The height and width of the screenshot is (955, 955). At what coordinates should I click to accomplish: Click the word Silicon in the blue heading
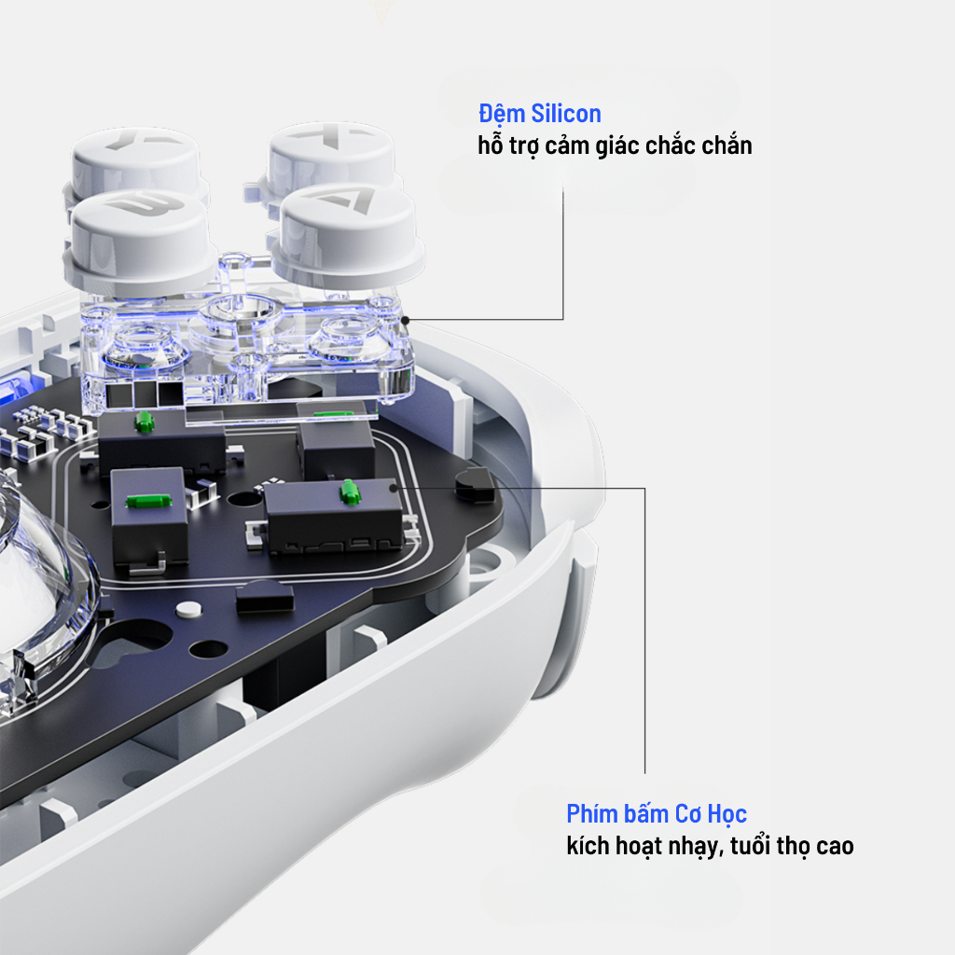pyautogui.click(x=566, y=114)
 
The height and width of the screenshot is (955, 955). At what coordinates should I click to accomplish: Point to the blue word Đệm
pyautogui.click(x=502, y=115)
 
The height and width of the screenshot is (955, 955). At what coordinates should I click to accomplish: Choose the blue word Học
pyautogui.click(x=727, y=815)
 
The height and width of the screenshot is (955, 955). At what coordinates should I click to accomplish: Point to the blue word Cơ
pyautogui.click(x=688, y=814)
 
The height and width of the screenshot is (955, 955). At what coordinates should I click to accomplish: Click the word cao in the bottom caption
pyautogui.click(x=835, y=847)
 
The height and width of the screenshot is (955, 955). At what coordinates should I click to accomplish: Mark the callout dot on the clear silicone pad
pyautogui.click(x=405, y=320)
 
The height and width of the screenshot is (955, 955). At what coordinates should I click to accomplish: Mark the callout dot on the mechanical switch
pyautogui.click(x=394, y=488)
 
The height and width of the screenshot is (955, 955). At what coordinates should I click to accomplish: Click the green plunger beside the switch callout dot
pyautogui.click(x=349, y=491)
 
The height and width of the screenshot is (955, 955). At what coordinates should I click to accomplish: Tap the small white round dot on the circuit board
pyautogui.click(x=188, y=609)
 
